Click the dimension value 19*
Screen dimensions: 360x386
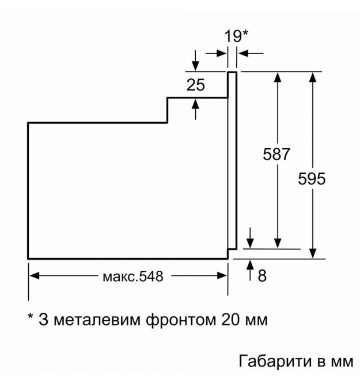coord(236,36)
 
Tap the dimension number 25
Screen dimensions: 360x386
coord(196,85)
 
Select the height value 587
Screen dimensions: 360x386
coord(276,154)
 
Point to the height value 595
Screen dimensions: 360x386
coord(312,179)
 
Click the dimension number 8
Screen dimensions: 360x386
coord(262,276)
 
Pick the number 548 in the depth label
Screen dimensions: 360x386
coord(151,276)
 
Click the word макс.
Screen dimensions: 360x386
coord(120,277)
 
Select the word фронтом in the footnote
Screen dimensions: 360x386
coord(181,320)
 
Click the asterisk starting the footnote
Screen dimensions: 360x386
coord(31,316)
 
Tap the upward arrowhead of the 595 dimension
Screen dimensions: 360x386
coord(313,77)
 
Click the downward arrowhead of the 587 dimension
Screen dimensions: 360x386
coord(278,243)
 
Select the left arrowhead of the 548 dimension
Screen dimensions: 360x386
coord(35,276)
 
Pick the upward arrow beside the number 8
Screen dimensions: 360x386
coord(250,270)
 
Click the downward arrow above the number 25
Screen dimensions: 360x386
coord(195,60)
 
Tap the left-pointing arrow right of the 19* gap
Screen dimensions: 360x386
coord(251,53)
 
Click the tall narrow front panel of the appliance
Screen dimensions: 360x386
coord(232,160)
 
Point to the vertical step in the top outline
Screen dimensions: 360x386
coord(167,110)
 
